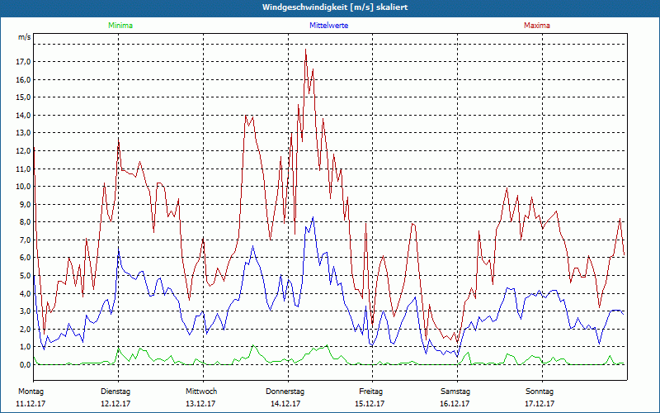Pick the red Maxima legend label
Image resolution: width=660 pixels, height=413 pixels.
[536, 26]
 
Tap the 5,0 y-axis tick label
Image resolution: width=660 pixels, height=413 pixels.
[24, 276]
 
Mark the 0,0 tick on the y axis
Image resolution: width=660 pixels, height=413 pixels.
[24, 364]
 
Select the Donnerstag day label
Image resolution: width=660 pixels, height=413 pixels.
[285, 391]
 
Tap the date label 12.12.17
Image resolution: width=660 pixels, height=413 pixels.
[115, 404]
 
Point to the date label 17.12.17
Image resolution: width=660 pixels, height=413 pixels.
[540, 404]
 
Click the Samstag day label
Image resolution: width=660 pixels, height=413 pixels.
[455, 391]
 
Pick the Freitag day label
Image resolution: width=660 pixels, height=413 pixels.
[370, 391]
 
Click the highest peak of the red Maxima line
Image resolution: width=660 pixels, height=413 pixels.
[305, 50]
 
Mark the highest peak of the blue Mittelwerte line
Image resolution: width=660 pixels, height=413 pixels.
[312, 218]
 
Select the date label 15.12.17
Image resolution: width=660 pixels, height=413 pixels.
[370, 404]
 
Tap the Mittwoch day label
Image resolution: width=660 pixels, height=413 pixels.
[201, 391]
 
